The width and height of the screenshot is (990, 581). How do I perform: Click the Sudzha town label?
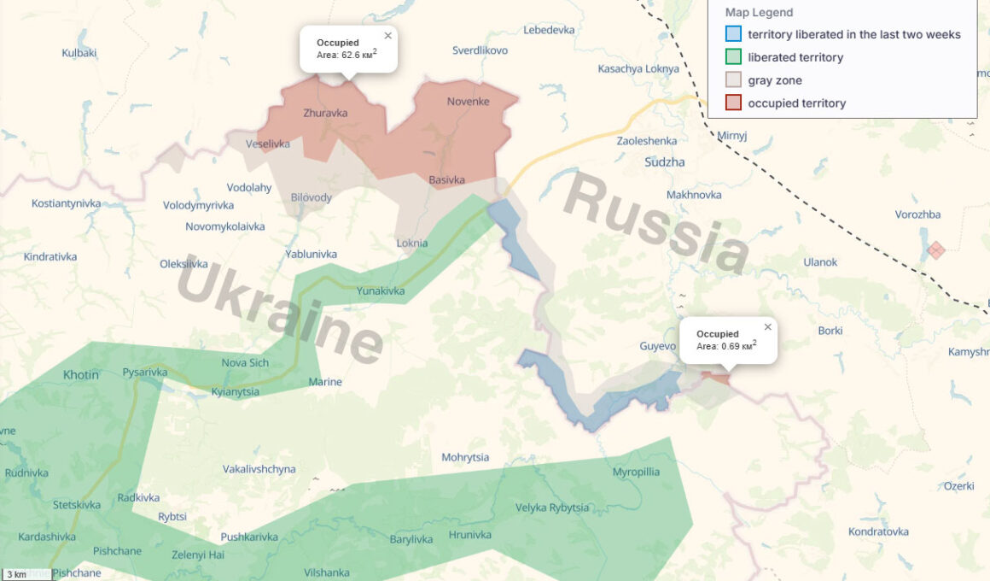665,161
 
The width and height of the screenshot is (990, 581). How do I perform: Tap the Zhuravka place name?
325,113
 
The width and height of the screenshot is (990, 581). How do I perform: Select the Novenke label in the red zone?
468,102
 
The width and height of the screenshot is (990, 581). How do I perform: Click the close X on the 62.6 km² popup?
388,36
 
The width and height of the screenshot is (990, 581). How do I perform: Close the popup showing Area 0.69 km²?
767,327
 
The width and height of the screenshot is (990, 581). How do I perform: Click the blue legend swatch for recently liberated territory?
733,34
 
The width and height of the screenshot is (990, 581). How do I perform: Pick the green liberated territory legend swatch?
733,57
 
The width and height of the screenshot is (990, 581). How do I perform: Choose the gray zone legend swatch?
733,80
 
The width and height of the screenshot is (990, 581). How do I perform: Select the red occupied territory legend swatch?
733,103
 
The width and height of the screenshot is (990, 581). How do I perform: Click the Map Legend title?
759,13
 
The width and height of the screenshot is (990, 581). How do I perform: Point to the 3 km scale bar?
26,574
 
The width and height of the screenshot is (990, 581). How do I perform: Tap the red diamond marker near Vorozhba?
936,250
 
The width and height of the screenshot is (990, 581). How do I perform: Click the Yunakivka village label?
381,291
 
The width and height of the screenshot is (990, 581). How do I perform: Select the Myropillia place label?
636,472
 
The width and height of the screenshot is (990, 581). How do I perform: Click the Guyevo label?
657,346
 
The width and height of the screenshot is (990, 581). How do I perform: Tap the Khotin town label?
81,374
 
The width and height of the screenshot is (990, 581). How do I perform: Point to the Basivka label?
446,179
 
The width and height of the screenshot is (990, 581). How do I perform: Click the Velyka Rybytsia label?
552,508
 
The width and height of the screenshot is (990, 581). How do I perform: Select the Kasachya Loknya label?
638,68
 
